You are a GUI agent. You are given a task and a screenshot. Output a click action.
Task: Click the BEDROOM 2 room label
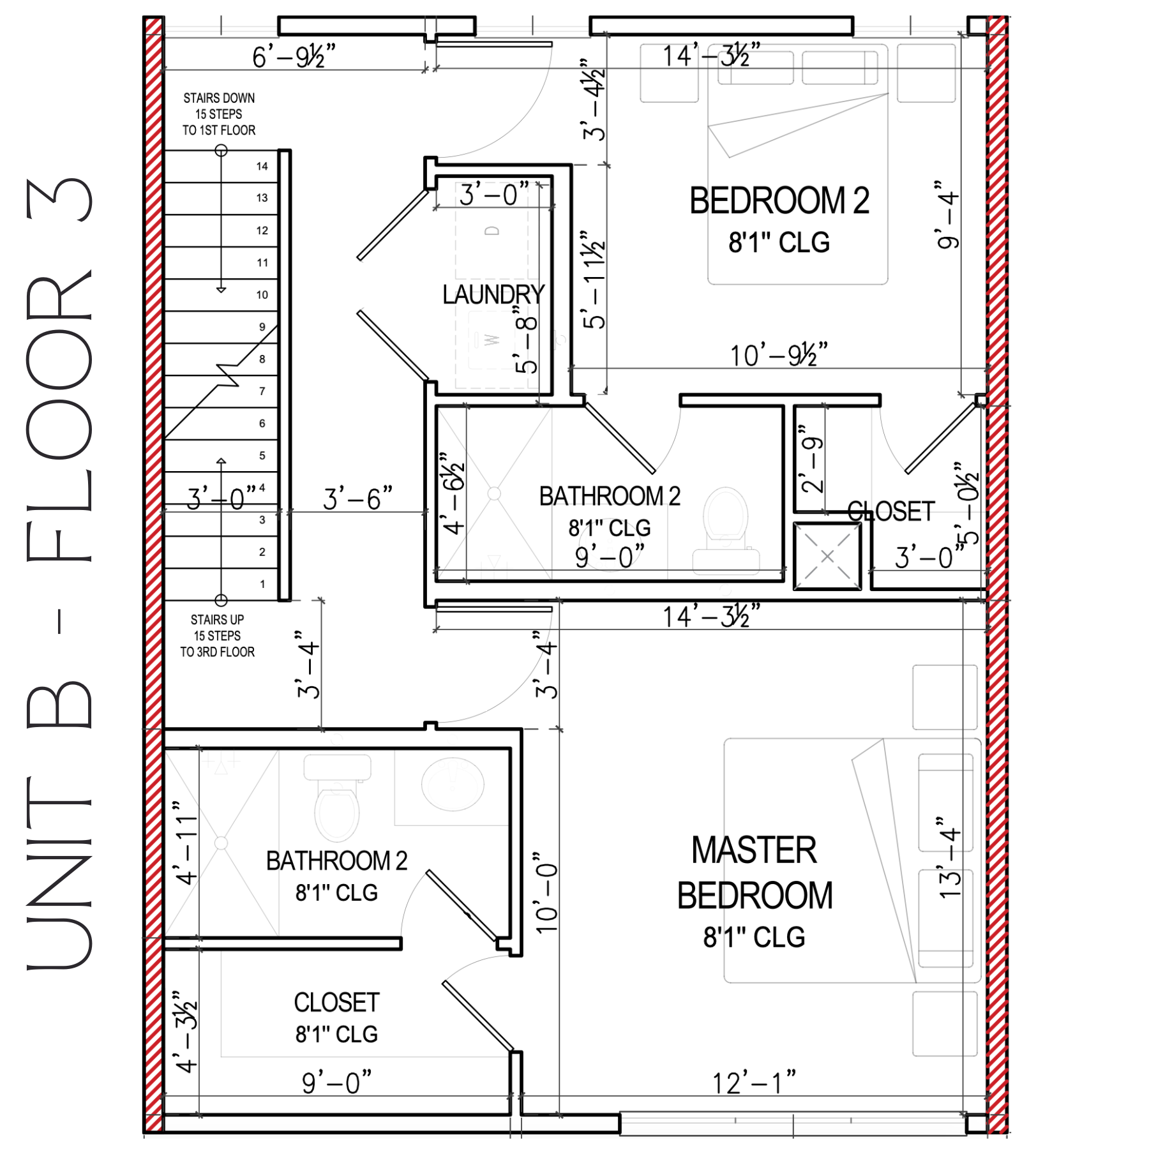(x=779, y=200)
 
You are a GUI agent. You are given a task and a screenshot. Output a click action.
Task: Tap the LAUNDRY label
(x=493, y=294)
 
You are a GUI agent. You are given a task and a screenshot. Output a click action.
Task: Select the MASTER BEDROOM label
(x=755, y=873)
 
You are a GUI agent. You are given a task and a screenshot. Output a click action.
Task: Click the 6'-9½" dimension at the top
(x=294, y=57)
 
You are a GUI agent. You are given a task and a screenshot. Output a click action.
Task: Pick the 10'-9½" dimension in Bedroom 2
(x=779, y=355)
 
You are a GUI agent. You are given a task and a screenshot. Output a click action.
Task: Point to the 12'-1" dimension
(x=754, y=1083)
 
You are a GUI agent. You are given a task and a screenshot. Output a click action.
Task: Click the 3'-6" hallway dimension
(x=357, y=499)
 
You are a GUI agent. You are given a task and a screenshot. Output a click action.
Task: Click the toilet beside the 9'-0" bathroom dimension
(x=726, y=523)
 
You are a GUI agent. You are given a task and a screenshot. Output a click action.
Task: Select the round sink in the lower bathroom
(x=453, y=784)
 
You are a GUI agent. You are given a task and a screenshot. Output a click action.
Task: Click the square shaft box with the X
(x=827, y=556)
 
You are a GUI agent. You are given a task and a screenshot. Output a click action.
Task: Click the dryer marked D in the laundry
(x=492, y=231)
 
